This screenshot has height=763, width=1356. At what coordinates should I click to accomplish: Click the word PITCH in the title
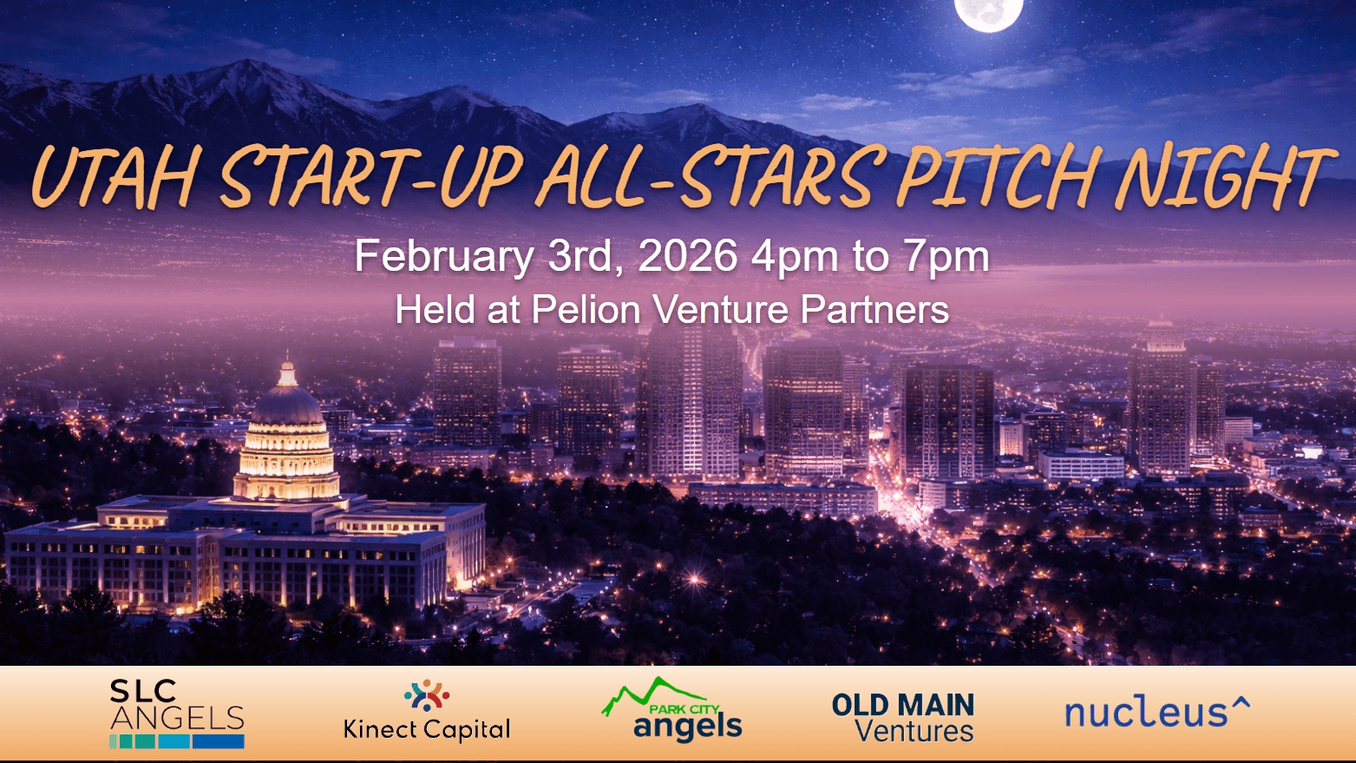click(996, 177)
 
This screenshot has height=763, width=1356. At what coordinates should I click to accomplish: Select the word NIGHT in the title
click(1223, 177)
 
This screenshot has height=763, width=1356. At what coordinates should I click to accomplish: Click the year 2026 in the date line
click(687, 256)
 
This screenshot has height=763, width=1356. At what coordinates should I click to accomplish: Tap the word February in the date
click(443, 256)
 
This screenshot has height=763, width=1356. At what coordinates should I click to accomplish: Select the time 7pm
click(946, 256)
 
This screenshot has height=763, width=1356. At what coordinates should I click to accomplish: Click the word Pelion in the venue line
click(586, 310)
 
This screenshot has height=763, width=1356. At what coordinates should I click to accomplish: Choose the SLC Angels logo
click(177, 713)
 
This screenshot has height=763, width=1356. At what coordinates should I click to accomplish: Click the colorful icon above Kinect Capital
click(427, 695)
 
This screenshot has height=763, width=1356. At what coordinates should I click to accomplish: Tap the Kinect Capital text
click(427, 729)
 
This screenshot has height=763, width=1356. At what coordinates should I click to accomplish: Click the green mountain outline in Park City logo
click(646, 692)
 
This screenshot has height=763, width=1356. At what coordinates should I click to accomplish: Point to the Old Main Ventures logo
click(903, 717)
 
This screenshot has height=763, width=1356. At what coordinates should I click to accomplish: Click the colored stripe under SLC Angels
click(177, 741)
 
